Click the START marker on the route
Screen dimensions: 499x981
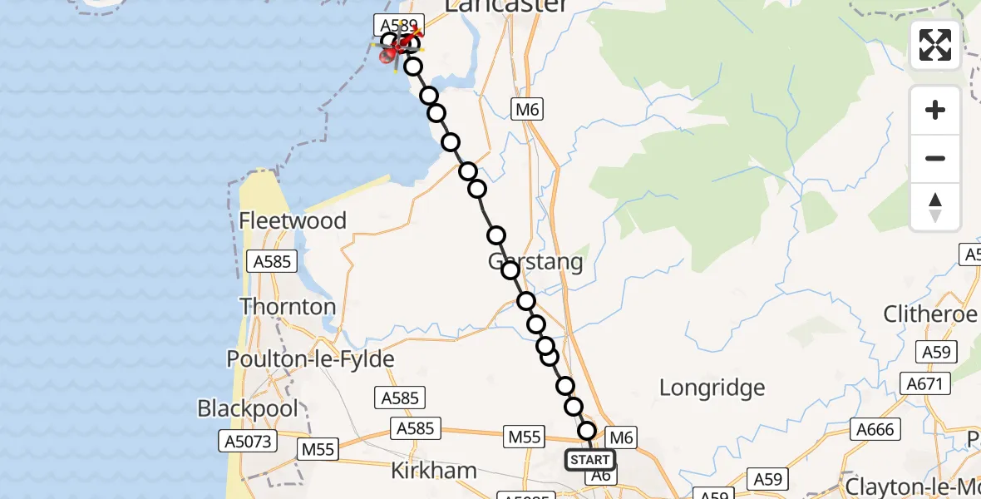(590, 459)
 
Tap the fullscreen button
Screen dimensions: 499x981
(935, 45)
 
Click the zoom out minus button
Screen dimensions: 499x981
(935, 158)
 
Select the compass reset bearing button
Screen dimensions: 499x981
(935, 207)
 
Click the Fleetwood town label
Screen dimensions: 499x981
(292, 220)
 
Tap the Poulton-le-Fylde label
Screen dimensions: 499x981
(310, 359)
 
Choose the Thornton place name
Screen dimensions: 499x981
(288, 306)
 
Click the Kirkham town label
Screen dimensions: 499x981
(434, 471)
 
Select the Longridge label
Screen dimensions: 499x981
(712, 388)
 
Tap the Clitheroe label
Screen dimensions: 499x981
(929, 314)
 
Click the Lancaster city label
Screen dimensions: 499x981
(506, 7)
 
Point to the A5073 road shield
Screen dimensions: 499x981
(247, 440)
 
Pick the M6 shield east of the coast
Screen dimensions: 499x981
(527, 109)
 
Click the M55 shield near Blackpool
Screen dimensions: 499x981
(318, 449)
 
